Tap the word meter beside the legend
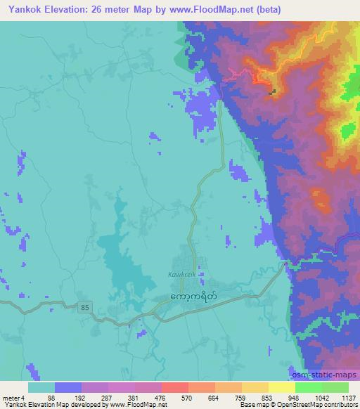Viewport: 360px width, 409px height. (13, 397)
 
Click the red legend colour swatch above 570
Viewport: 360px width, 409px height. (174, 387)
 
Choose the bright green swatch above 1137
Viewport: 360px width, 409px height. (335, 387)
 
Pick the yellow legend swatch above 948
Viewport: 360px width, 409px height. (281, 387)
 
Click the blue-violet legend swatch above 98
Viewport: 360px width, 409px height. (67, 387)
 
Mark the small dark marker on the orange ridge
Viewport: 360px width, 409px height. (272, 91)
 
